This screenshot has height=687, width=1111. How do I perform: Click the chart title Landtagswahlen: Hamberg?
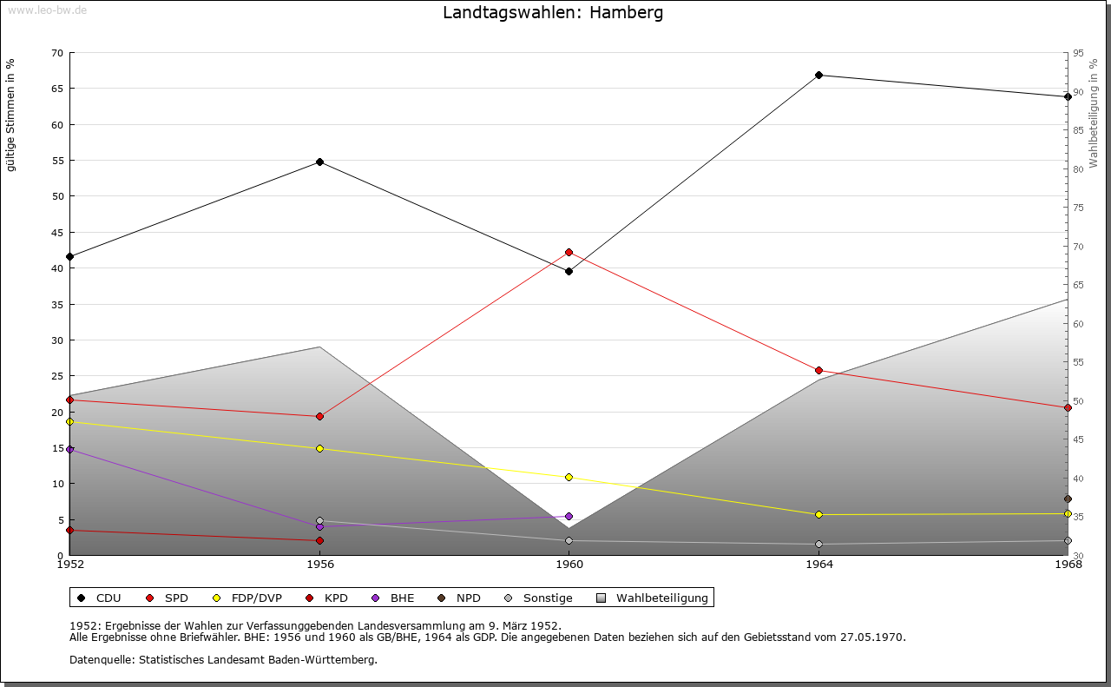pyautogui.click(x=553, y=13)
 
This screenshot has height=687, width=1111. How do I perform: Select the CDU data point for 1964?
pyautogui.click(x=818, y=75)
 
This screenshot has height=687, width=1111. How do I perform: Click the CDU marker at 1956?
pyautogui.click(x=319, y=162)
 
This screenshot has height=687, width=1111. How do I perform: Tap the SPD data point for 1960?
pyautogui.click(x=569, y=253)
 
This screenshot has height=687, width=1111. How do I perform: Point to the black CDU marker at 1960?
pyautogui.click(x=569, y=271)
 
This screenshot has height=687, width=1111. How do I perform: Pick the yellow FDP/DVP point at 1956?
pyautogui.click(x=319, y=448)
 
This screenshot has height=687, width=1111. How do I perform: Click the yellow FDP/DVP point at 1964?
pyautogui.click(x=818, y=514)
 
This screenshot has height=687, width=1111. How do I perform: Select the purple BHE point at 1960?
pyautogui.click(x=569, y=516)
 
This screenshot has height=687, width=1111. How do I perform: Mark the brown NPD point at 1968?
pyautogui.click(x=1068, y=499)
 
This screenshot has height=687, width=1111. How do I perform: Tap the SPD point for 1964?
pyautogui.click(x=818, y=370)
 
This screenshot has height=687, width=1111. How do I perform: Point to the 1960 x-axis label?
pyautogui.click(x=569, y=565)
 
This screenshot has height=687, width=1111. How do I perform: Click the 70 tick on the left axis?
pyautogui.click(x=57, y=53)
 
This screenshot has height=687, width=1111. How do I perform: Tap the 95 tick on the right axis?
pyautogui.click(x=1078, y=53)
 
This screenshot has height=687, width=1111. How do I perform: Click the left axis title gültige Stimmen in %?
pyautogui.click(x=11, y=115)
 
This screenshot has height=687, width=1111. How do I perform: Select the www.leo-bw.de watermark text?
pyautogui.click(x=46, y=10)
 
